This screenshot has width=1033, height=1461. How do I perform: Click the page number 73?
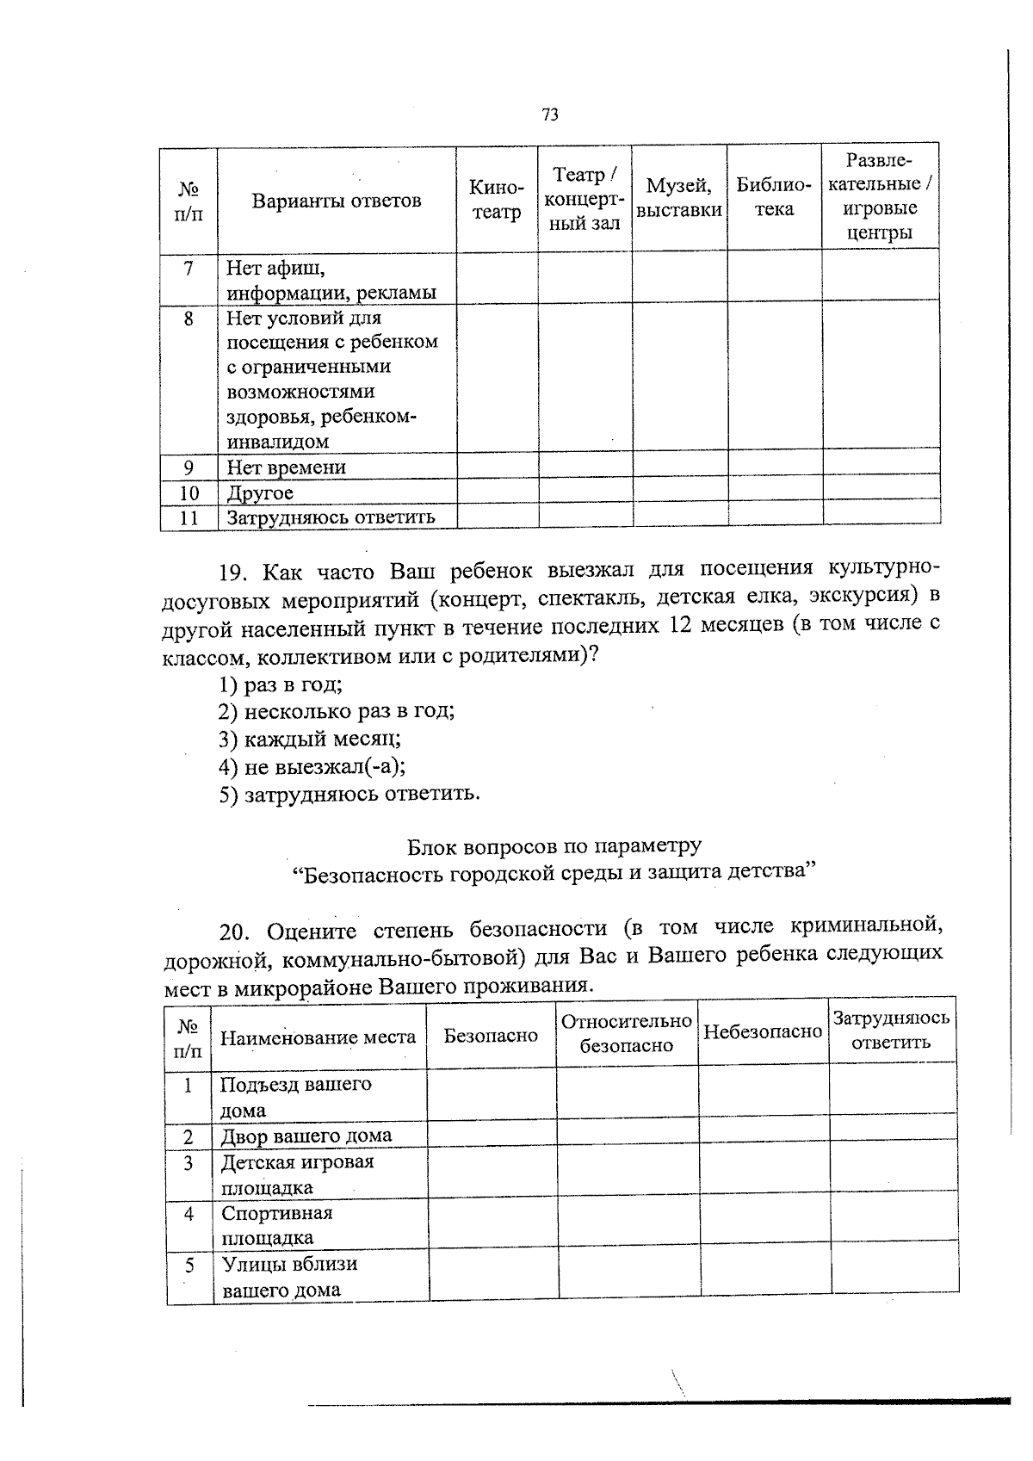click(551, 114)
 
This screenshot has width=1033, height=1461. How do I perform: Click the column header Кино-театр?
click(497, 200)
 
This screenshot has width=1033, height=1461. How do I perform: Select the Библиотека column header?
click(774, 197)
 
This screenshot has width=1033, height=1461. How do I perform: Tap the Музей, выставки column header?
click(680, 197)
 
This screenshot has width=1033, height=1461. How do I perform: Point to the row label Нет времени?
click(286, 467)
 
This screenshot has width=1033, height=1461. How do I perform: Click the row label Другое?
click(260, 493)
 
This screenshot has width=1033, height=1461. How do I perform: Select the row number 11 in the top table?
click(189, 517)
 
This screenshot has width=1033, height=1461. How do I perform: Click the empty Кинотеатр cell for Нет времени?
click(497, 466)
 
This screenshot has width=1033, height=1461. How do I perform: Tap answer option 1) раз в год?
click(281, 685)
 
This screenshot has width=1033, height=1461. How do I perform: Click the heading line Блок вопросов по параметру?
click(554, 845)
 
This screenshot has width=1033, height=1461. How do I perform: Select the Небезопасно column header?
click(763, 1031)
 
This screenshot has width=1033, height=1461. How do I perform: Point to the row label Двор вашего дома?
click(306, 1136)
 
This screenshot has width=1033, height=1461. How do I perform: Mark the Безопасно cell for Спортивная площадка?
click(492, 1224)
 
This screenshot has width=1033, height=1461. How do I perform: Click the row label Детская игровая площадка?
click(297, 1174)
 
